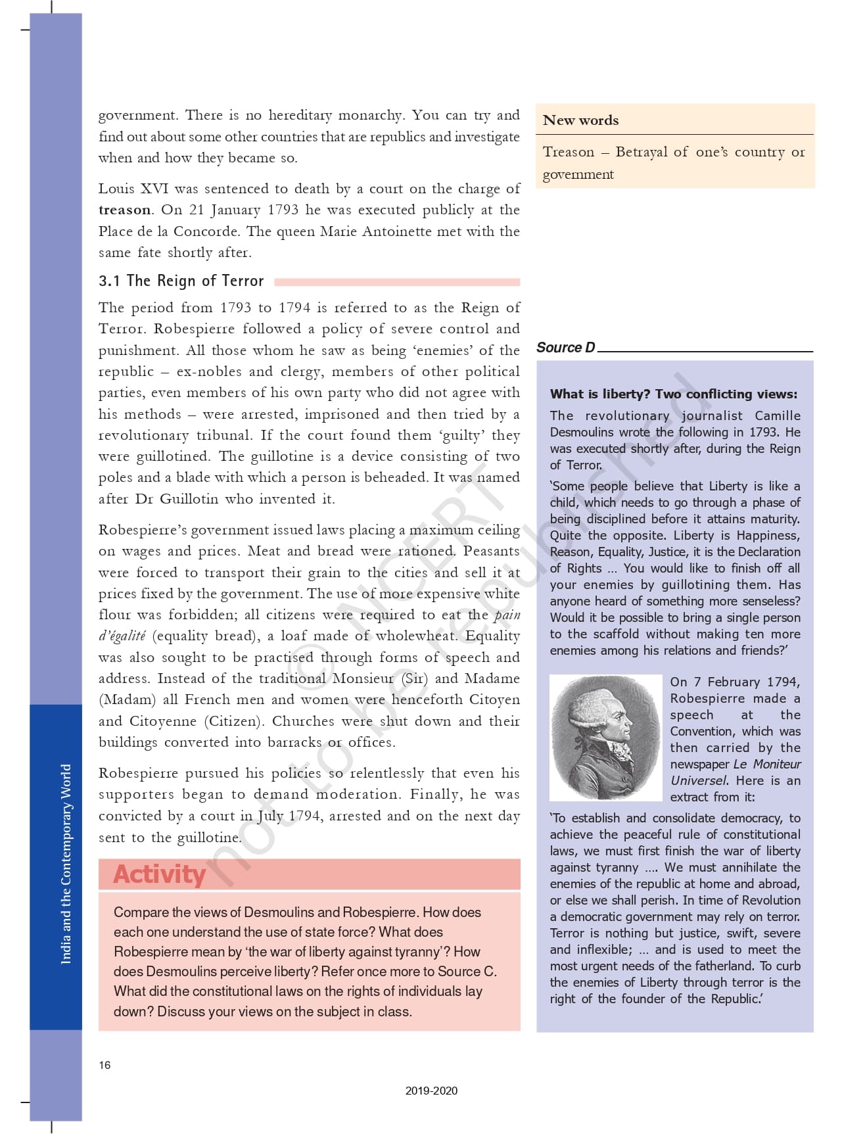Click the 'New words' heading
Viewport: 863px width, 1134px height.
580,120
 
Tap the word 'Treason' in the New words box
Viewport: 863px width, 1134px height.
568,152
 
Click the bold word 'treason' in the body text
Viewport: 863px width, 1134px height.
124,210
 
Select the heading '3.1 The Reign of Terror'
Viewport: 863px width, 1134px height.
181,281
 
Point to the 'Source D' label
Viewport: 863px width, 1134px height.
565,348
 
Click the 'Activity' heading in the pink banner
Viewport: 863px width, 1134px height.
160,874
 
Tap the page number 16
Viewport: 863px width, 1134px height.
105,1065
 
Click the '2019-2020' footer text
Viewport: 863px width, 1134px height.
431,1091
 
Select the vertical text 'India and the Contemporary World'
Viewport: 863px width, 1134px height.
66,864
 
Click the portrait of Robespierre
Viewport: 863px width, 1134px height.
606,738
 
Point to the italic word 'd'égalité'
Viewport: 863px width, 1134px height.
122,636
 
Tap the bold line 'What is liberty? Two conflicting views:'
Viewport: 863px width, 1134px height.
673,394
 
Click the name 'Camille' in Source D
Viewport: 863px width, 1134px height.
778,416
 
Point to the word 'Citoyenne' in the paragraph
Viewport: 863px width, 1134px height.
163,721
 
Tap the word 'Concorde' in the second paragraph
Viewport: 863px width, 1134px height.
210,231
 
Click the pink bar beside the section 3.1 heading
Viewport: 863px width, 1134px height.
397,282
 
